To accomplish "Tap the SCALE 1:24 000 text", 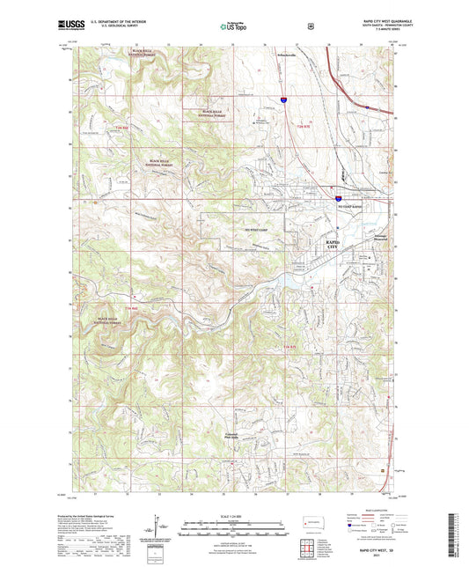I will tap(233, 514).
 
